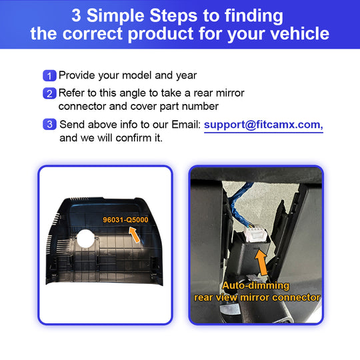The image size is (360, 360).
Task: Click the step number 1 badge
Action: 49,75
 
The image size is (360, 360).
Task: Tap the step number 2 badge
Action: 49,93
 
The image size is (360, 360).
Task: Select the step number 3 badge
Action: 49,124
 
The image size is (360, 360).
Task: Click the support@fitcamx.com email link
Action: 263,125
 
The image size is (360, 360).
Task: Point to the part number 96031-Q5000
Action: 125,220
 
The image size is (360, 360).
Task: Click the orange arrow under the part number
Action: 135,235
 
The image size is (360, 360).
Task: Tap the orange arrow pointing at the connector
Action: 261,263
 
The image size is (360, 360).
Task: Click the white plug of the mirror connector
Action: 255,234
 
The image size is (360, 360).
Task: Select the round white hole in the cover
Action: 85,239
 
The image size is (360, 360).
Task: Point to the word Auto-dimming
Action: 255,285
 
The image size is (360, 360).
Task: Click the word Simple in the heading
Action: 119,15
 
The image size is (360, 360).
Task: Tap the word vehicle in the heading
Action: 299,33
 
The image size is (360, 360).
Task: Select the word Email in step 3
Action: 186,125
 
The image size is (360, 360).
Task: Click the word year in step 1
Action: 186,76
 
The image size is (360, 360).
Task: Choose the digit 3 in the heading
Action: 76,15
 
